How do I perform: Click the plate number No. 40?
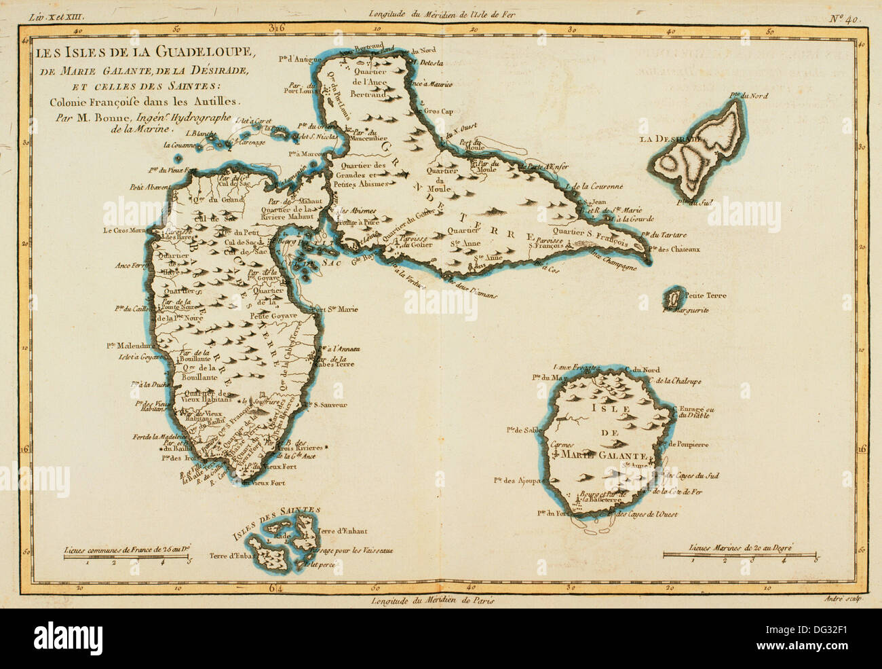coord(844,18)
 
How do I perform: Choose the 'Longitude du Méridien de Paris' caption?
coord(433,600)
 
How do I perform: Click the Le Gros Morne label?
coord(125,230)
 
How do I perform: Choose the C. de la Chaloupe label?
coord(673,382)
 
